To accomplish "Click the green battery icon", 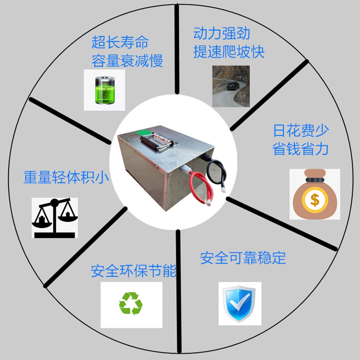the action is pyautogui.click(x=105, y=90).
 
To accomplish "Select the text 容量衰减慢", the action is pyautogui.click(x=127, y=60).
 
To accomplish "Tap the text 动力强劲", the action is pyautogui.click(x=222, y=34).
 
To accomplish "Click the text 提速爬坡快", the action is pyautogui.click(x=229, y=51).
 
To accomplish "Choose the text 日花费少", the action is pyautogui.click(x=301, y=131).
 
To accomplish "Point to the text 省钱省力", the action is pyautogui.click(x=301, y=149).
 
